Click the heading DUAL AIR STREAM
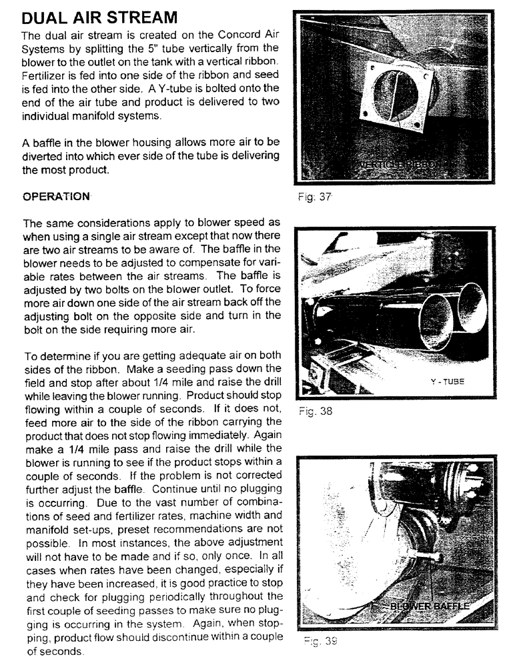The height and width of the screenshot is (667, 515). [100, 14]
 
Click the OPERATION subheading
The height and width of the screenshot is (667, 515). [56, 197]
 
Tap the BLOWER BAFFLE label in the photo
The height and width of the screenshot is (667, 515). [430, 606]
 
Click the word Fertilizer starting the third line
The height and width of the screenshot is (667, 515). [45, 74]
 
